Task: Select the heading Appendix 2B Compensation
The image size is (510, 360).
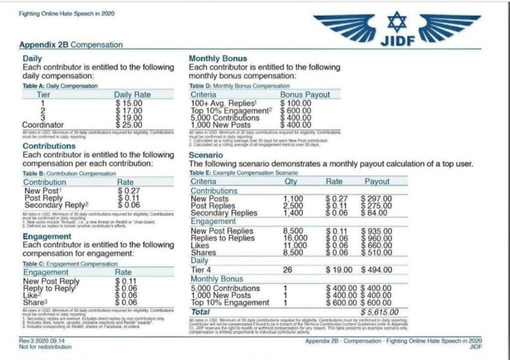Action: (71, 45)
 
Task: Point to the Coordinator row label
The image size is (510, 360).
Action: (45, 125)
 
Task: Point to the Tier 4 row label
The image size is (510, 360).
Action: (203, 270)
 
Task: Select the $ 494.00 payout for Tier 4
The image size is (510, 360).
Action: (376, 270)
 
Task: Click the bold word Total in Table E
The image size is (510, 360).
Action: (201, 312)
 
